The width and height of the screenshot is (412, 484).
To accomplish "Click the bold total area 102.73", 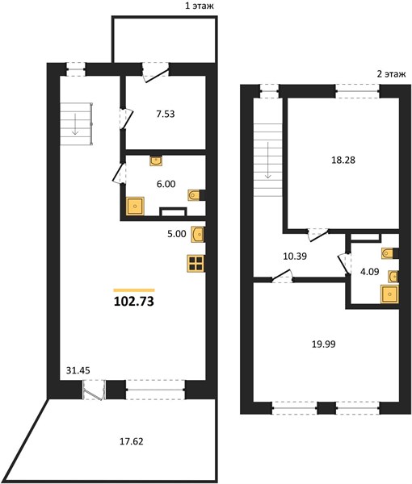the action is (x=134, y=301).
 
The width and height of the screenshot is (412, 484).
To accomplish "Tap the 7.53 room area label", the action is (x=166, y=114).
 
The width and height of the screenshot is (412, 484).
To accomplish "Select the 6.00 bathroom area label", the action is (x=166, y=184).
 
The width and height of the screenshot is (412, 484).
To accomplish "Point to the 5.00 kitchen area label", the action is (x=177, y=234).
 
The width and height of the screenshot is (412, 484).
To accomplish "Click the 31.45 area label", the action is (x=78, y=370).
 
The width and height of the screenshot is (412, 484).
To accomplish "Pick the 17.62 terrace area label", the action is (x=132, y=441).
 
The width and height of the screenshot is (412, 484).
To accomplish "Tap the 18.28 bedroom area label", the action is (x=343, y=160).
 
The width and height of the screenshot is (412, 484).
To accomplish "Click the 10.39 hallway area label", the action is (x=295, y=256).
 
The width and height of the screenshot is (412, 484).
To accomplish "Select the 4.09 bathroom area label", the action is (x=370, y=272).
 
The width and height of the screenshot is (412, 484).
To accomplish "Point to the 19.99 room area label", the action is (x=324, y=344).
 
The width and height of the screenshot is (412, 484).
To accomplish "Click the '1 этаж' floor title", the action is (x=200, y=6).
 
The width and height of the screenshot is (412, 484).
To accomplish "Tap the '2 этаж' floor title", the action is (x=391, y=74).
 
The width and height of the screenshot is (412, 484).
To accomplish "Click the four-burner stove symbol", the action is (x=195, y=263).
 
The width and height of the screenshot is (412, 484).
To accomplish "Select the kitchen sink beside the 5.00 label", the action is (x=197, y=234).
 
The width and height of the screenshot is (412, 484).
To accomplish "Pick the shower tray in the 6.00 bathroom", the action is (x=135, y=206).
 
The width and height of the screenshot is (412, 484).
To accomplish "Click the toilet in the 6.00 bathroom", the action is (x=194, y=195).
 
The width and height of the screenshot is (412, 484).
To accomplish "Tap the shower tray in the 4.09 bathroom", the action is (x=389, y=294).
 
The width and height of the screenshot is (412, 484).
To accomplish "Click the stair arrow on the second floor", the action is (x=267, y=160).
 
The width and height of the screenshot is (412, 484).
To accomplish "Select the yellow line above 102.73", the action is (x=134, y=290).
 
